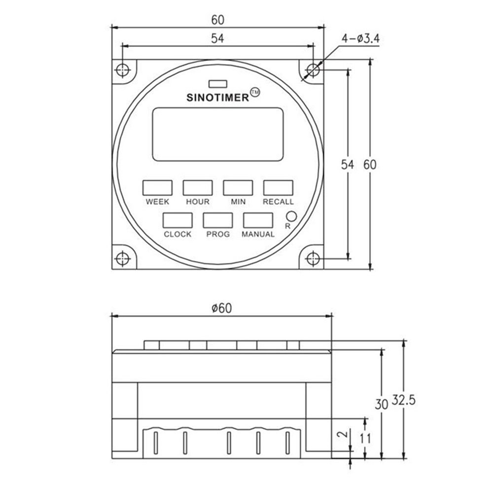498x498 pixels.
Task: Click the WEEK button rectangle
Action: pyautogui.click(x=157, y=187)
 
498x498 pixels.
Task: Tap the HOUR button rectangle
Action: pyautogui.click(x=198, y=187)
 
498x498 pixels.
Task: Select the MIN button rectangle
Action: pyautogui.click(x=238, y=187)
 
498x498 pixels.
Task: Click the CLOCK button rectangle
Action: pyautogui.click(x=178, y=220)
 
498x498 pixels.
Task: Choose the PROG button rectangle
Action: pyautogui.click(x=217, y=220)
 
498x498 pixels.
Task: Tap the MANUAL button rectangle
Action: pyautogui.click(x=257, y=220)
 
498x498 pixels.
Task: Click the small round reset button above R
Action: pyautogui.click(x=291, y=216)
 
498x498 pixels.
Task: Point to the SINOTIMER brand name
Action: pyautogui.click(x=217, y=98)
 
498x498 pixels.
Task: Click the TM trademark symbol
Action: pyautogui.click(x=255, y=92)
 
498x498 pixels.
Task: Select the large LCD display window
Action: pyautogui.click(x=217, y=134)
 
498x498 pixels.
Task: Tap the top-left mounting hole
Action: pyautogui.click(x=123, y=70)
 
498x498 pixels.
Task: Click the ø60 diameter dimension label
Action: pyautogui.click(x=221, y=308)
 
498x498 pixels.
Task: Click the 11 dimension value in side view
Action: pyautogui.click(x=365, y=438)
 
